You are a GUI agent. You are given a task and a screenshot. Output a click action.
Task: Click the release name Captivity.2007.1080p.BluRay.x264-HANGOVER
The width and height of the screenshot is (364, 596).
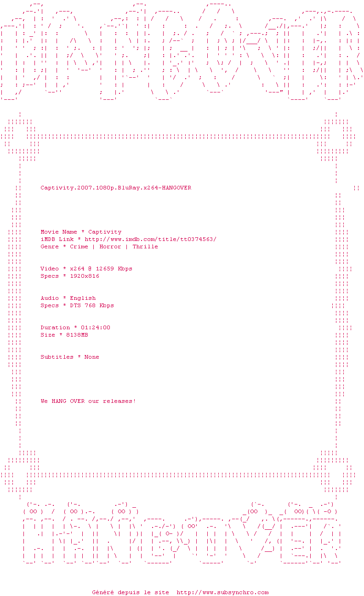[116, 188]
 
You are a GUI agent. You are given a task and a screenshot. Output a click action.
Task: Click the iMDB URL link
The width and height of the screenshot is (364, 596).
[150, 239]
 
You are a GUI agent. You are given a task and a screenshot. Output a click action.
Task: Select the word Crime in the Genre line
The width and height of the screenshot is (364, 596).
[79, 246]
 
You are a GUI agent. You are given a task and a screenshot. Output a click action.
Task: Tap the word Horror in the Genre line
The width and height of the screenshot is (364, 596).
[110, 246]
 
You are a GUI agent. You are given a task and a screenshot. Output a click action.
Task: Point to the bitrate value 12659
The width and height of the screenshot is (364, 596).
[105, 269]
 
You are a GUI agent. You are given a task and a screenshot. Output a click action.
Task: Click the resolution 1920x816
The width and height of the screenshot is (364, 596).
[85, 276]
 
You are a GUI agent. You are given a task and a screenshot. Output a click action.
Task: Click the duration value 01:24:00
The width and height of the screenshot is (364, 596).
[96, 327]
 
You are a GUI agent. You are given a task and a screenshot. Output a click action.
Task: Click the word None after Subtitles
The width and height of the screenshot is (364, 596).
[92, 357]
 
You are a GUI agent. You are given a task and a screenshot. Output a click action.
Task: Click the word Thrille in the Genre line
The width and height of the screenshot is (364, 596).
[145, 246]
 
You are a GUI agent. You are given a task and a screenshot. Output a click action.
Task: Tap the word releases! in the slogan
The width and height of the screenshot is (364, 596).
[119, 401]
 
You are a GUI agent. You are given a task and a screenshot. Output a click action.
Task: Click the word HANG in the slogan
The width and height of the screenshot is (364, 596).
[59, 401]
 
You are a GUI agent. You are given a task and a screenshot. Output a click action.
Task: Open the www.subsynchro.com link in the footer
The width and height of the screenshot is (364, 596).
[222, 592]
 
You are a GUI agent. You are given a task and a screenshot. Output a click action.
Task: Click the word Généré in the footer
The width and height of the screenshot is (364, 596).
[103, 592]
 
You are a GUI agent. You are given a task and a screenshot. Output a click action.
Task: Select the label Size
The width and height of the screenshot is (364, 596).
[48, 335]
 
